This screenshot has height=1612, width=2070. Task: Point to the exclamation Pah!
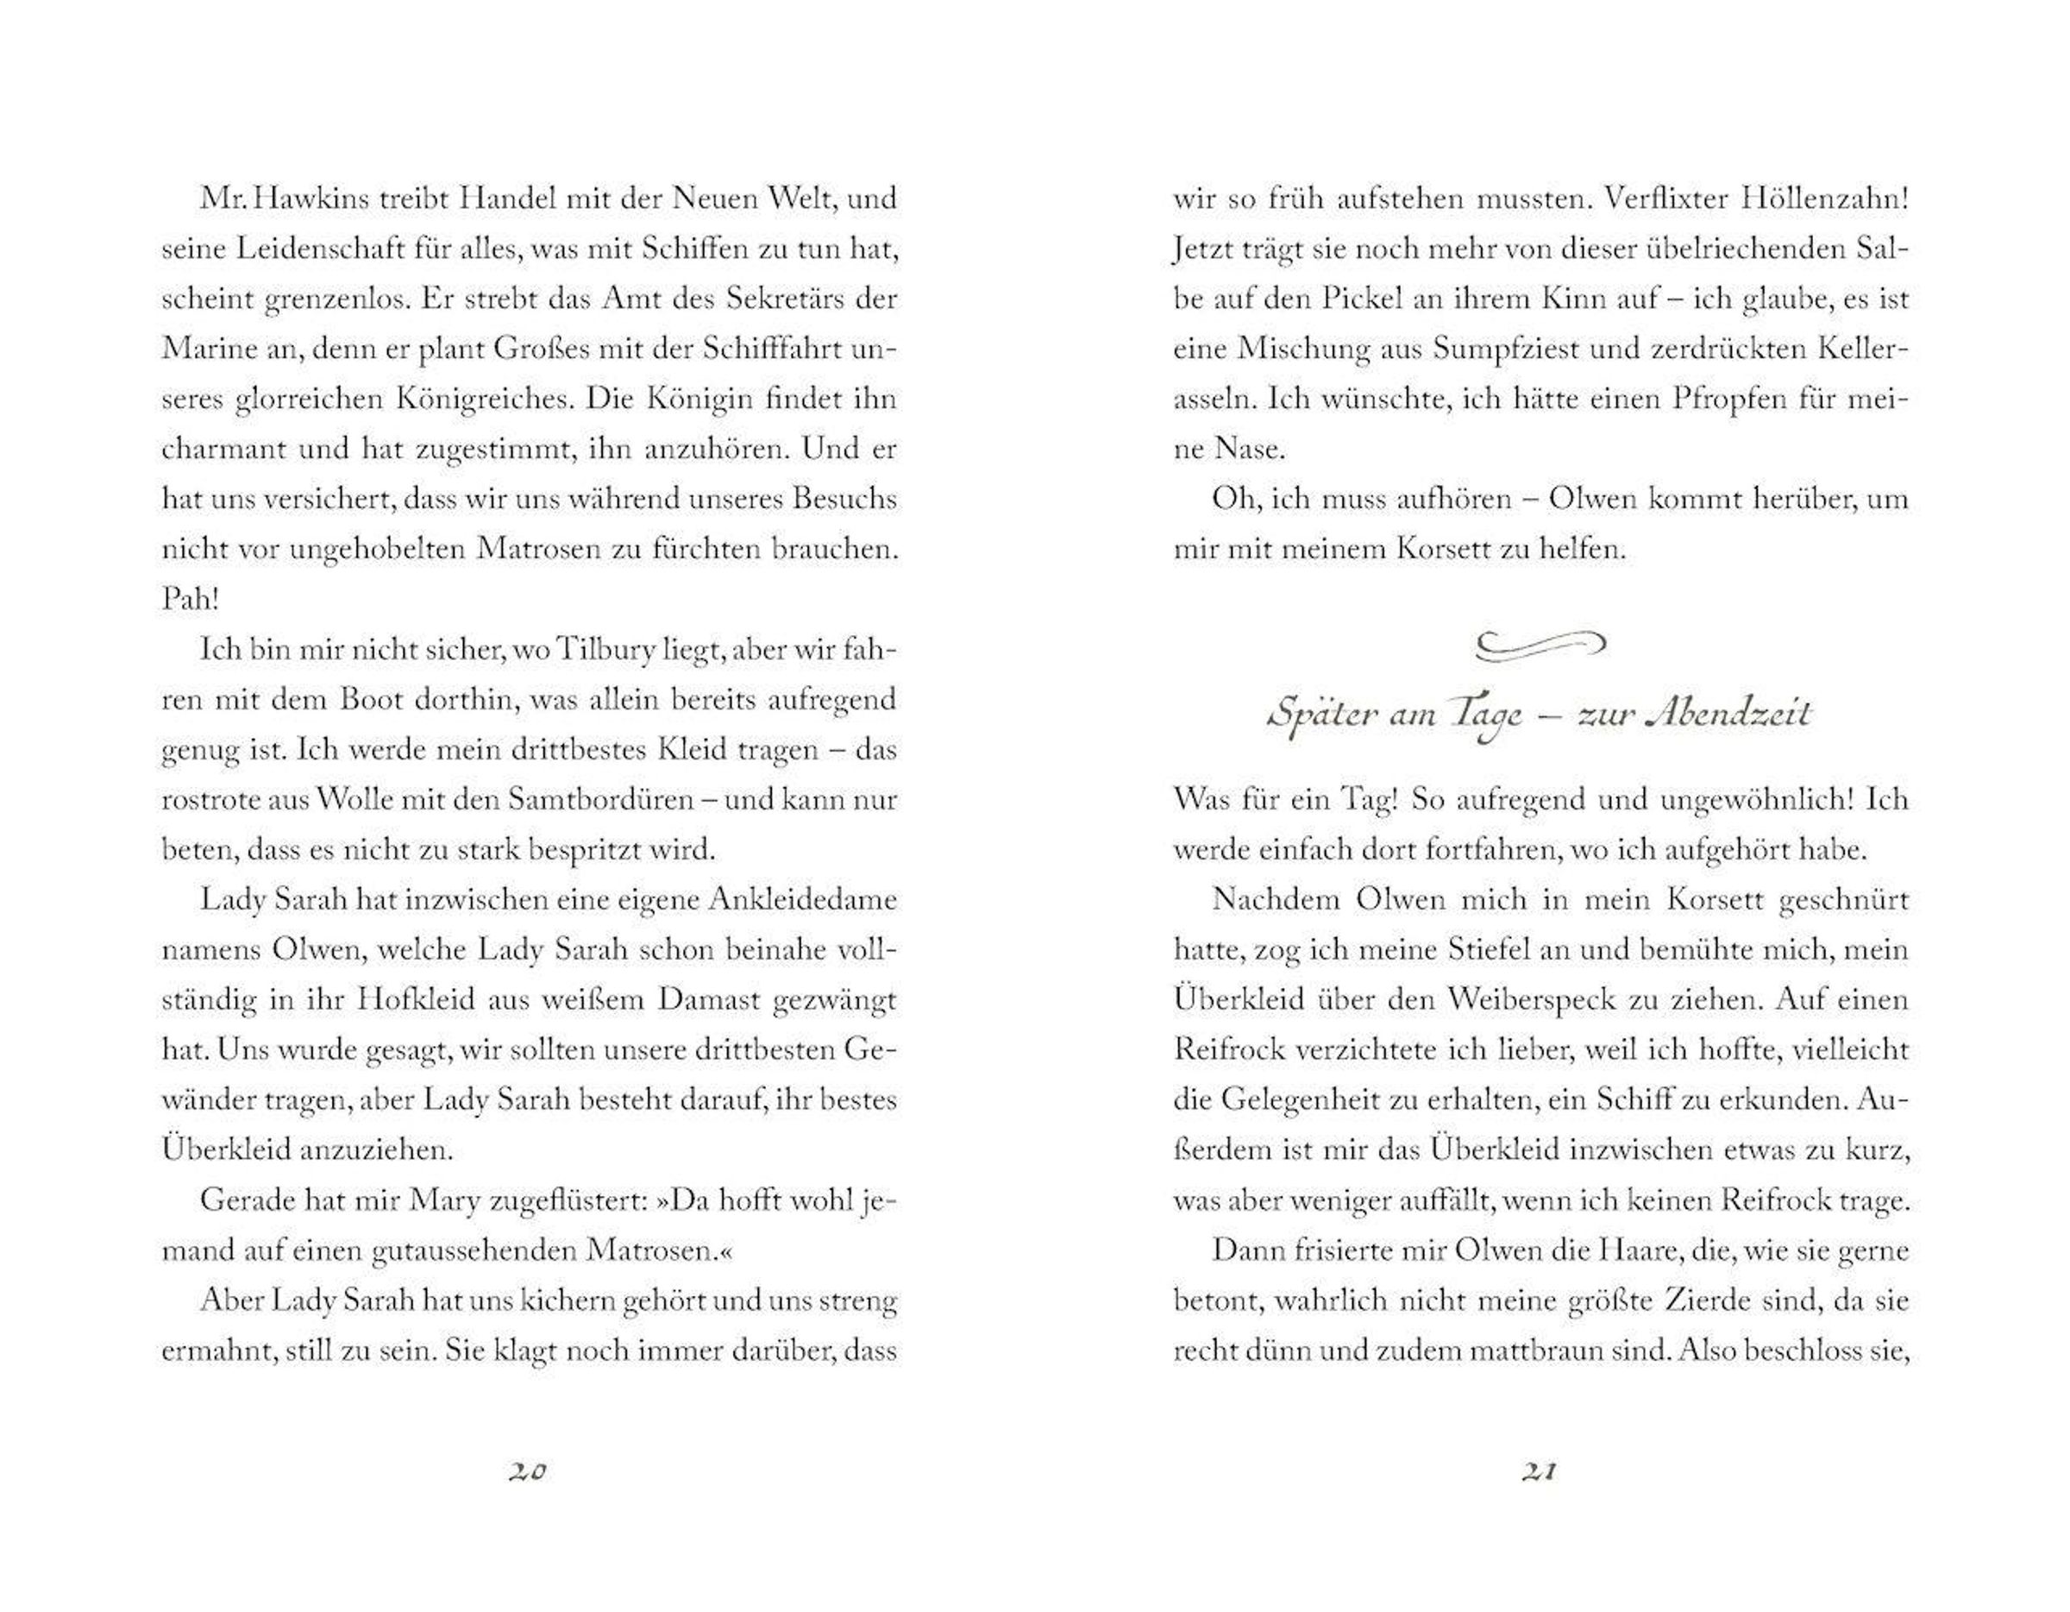191,599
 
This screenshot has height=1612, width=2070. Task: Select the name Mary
443,1200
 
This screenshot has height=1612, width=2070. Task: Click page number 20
528,1471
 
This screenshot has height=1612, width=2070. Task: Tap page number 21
1540,1471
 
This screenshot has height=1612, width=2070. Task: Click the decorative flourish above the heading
1540,645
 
